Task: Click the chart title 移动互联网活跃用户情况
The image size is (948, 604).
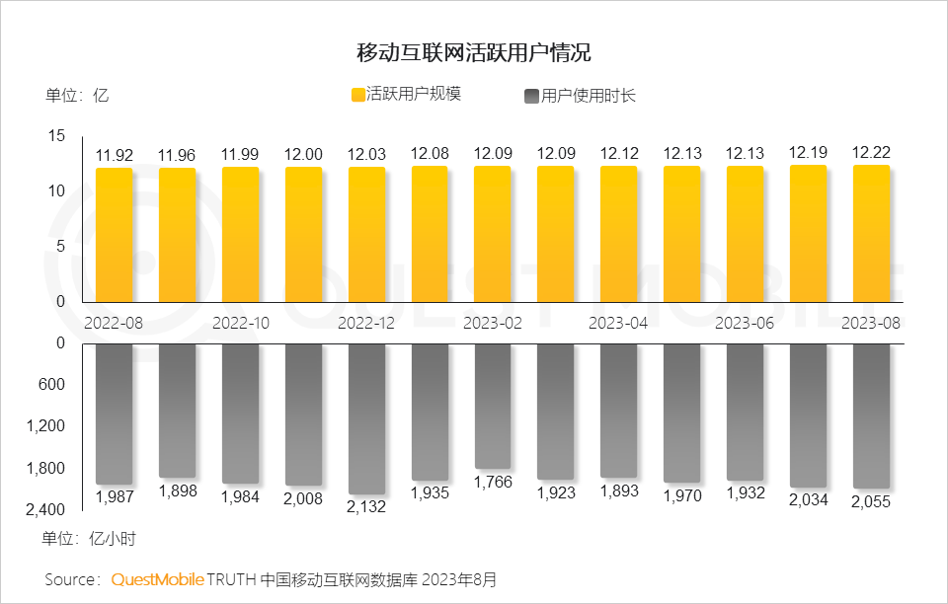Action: click(x=474, y=51)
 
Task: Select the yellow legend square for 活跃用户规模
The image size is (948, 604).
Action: click(x=357, y=95)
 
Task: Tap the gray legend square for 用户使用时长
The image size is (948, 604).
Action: click(x=530, y=96)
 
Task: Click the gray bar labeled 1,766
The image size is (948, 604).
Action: click(x=493, y=405)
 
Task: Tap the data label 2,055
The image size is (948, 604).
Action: click(x=871, y=501)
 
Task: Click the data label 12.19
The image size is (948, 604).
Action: click(x=808, y=152)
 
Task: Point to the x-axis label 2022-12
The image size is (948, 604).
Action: click(x=366, y=323)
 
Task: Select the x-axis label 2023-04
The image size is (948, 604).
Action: click(x=618, y=323)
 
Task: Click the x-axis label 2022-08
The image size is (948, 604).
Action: click(x=114, y=323)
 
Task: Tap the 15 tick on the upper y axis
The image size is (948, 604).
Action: click(x=56, y=136)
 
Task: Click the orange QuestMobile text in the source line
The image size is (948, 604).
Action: click(x=157, y=579)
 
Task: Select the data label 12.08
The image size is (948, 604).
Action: click(x=430, y=153)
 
